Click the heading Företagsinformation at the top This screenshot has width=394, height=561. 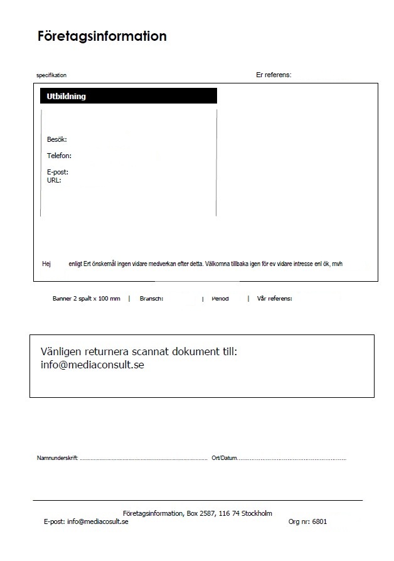tap(102, 36)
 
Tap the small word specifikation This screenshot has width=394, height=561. tap(51, 75)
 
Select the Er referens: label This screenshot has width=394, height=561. tap(274, 75)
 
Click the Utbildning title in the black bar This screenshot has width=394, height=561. tap(67, 97)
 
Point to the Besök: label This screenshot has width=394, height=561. tap(56, 139)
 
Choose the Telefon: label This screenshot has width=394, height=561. tap(59, 156)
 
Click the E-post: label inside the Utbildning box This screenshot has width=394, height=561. tap(57, 172)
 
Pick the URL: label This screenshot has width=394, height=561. tap(54, 180)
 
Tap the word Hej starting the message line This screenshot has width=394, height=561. tap(46, 264)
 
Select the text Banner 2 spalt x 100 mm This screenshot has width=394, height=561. tap(86, 299)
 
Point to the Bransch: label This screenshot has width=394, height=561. tap(151, 299)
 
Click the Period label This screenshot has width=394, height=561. tap(220, 299)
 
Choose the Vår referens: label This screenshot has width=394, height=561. tap(274, 299)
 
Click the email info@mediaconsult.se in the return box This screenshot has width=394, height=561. tap(92, 365)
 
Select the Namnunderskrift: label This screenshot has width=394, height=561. tap(57, 458)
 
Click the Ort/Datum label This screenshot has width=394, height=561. tap(225, 458)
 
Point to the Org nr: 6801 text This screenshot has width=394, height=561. tap(307, 521)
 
